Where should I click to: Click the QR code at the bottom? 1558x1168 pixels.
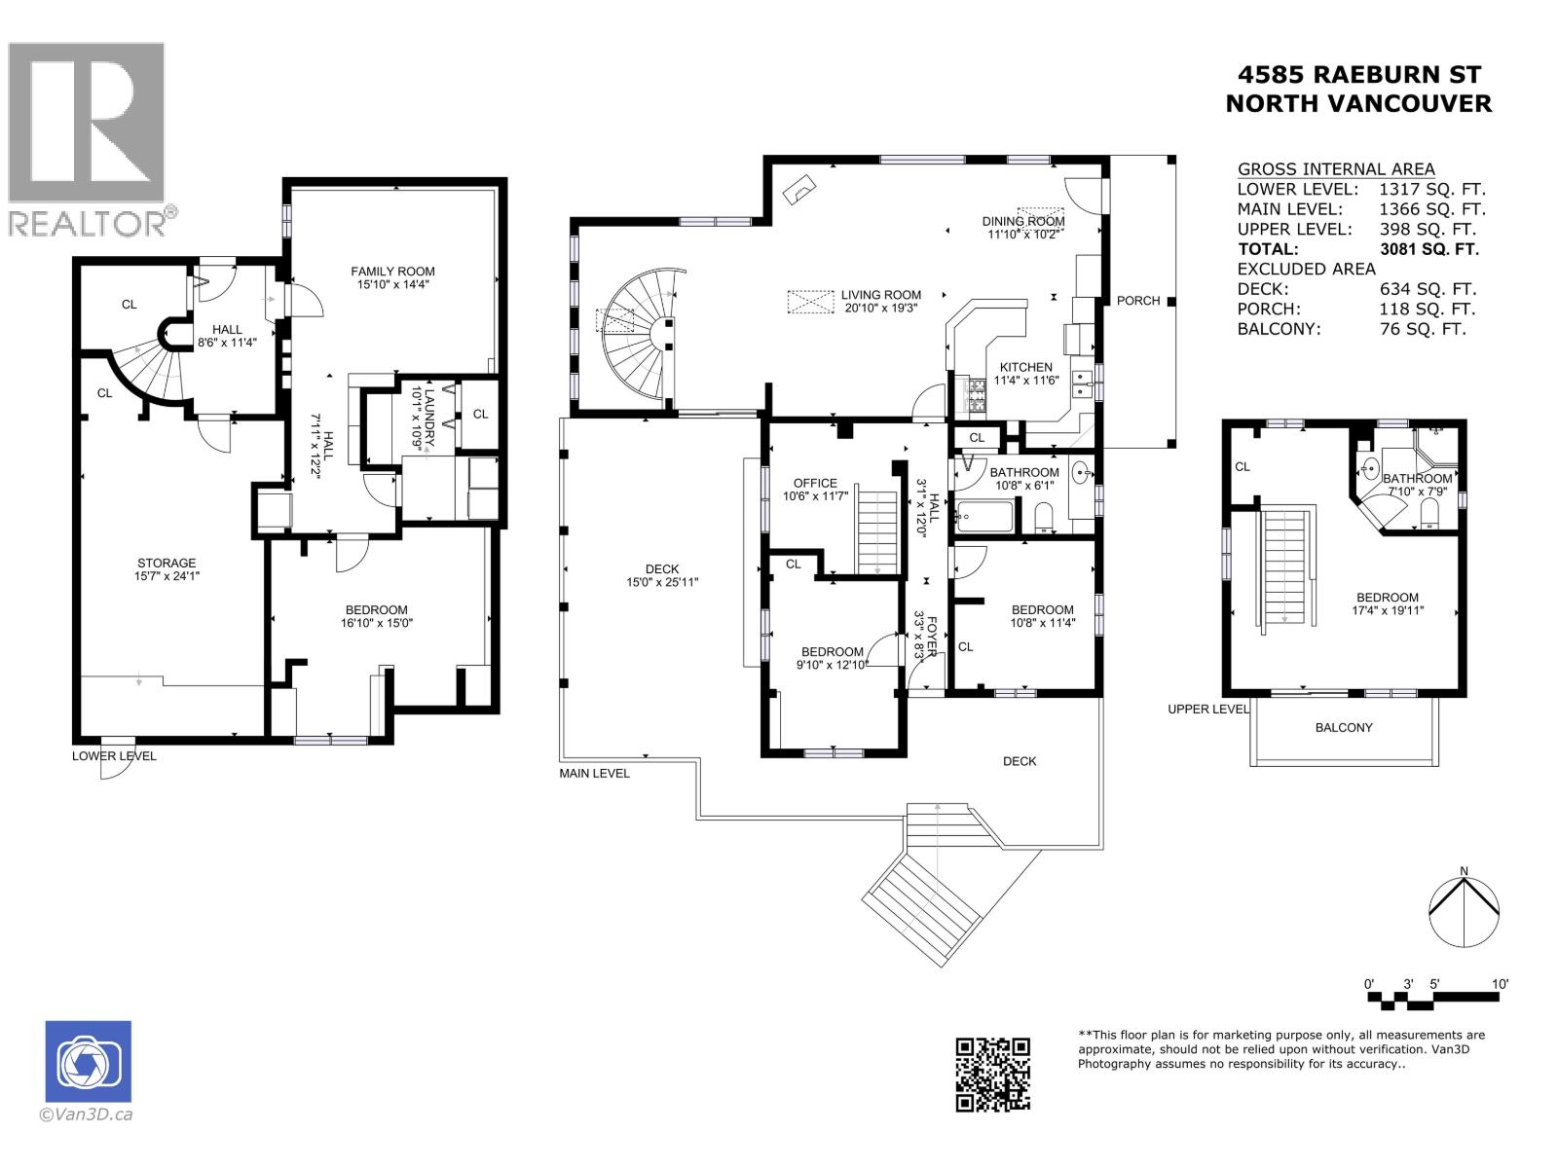[992, 1074]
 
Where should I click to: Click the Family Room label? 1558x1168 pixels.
[392, 272]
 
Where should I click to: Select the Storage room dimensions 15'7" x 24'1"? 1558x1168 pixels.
[167, 576]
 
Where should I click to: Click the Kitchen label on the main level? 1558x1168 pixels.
[1025, 367]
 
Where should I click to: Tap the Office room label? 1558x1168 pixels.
[815, 483]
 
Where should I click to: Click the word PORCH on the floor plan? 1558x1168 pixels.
[1137, 301]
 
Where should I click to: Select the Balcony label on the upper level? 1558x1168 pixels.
[1344, 727]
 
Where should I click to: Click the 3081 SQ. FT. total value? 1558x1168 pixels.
[1428, 249]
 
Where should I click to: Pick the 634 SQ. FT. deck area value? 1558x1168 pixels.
[1428, 289]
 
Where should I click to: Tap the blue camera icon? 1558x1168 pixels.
[89, 1062]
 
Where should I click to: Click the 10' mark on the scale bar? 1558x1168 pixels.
[1500, 984]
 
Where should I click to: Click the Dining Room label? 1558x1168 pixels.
[1022, 221]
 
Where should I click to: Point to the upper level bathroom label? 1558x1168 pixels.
[1417, 478]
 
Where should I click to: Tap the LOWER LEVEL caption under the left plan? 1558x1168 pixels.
[114, 755]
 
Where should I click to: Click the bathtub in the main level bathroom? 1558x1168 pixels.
[984, 515]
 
